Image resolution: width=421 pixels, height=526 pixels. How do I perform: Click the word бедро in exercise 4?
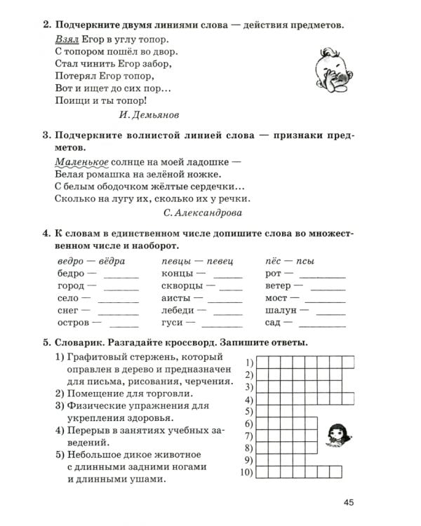(70, 273)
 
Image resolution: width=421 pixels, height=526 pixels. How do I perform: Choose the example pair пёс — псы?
(290, 261)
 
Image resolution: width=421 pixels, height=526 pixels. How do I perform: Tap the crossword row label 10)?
(245, 473)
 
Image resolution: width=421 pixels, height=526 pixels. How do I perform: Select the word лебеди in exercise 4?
(179, 310)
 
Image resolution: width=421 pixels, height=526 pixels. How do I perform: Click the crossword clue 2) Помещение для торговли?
(123, 393)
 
